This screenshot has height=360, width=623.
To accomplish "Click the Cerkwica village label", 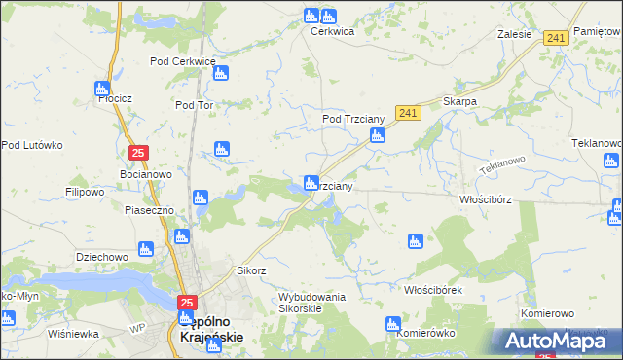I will (332, 31).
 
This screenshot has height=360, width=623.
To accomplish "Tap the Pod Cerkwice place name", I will (182, 61).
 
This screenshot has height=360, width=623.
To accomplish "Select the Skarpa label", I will (458, 101).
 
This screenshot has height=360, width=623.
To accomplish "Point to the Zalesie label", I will (514, 33).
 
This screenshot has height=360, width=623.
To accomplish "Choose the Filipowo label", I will (85, 192).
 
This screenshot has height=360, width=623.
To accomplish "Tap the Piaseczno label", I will (149, 210).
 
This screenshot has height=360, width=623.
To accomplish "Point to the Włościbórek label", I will (432, 290).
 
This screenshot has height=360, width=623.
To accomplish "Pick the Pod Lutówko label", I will (31, 145).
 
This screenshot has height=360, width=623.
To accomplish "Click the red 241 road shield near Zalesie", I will (556, 38).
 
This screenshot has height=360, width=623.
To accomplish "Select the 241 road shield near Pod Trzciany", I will (408, 114).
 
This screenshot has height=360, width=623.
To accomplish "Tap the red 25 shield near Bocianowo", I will (138, 153).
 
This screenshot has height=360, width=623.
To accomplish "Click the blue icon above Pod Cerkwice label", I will (221, 73).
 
